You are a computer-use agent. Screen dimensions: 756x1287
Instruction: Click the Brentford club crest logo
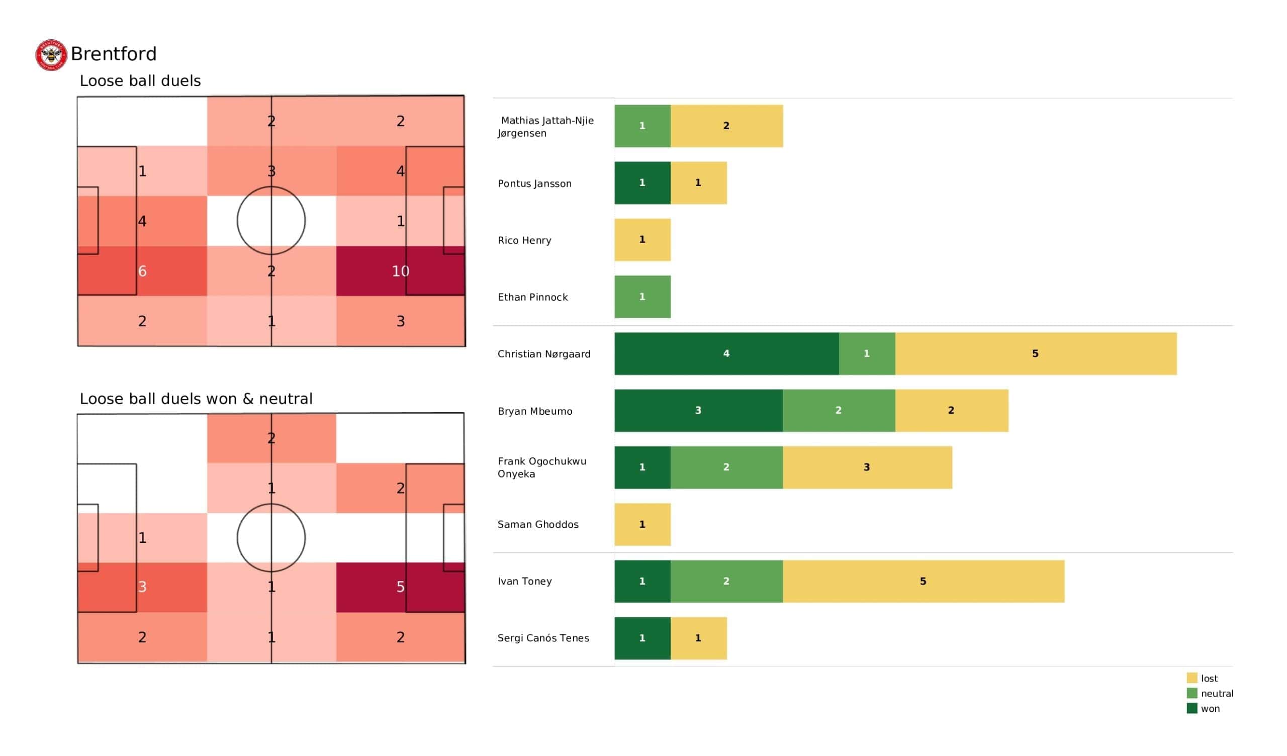click(51, 55)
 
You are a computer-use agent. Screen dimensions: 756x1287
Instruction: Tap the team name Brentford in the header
click(114, 54)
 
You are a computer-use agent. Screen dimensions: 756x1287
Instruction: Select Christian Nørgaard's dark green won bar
click(726, 353)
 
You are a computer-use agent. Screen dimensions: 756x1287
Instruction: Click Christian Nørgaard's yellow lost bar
click(1035, 353)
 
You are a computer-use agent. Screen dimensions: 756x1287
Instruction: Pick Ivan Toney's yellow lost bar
click(923, 581)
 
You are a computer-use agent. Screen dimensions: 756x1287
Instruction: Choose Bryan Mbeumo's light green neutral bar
click(839, 411)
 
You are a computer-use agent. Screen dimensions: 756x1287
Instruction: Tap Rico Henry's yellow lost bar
click(642, 240)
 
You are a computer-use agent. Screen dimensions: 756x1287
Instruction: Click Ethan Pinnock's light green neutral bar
click(642, 297)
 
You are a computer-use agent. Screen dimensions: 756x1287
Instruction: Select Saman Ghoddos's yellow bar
click(642, 525)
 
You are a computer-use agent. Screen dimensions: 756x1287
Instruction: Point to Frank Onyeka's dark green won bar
click(642, 467)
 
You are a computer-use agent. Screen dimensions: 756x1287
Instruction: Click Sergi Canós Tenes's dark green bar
click(642, 638)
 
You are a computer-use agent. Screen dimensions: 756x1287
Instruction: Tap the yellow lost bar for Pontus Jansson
click(698, 183)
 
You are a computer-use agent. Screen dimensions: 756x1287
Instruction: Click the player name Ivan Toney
click(524, 581)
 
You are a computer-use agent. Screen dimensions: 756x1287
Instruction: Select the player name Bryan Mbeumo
click(535, 411)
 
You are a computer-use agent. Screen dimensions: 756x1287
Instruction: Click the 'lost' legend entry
click(1209, 679)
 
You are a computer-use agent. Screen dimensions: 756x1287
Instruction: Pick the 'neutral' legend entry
click(1216, 694)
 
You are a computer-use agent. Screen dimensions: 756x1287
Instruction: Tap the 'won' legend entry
click(1210, 708)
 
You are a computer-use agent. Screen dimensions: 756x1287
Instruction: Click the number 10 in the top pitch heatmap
click(400, 271)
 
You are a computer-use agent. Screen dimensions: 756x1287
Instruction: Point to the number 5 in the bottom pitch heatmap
click(400, 587)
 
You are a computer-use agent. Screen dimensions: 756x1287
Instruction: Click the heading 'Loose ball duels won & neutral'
click(196, 399)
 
